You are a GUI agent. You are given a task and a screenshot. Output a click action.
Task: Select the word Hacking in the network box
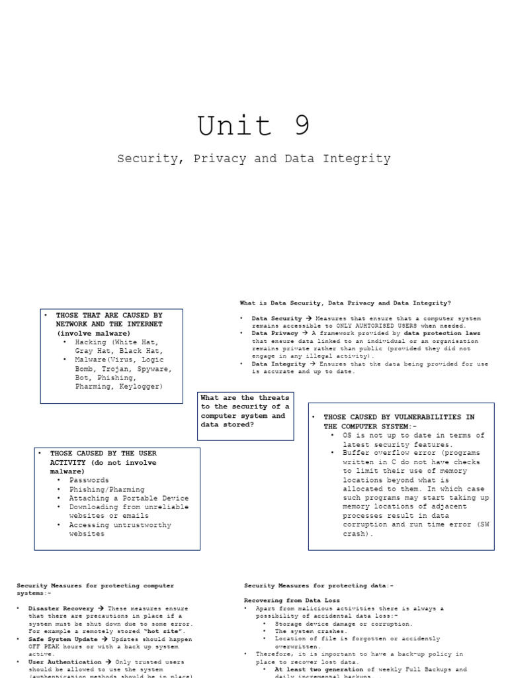point(91,342)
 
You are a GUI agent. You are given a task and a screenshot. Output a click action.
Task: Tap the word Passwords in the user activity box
point(89,480)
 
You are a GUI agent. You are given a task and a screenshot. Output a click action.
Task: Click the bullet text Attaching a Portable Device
point(129,498)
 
